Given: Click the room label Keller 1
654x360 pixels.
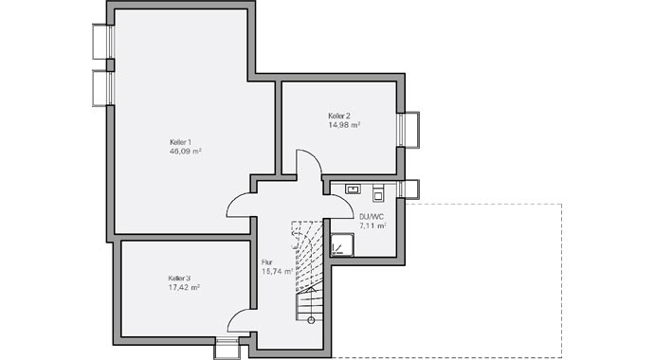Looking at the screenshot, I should [x=180, y=142].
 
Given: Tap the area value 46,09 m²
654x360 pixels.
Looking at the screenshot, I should [x=185, y=151].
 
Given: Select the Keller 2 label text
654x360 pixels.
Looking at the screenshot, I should [x=339, y=116].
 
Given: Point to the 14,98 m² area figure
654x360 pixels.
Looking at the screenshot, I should [x=344, y=124].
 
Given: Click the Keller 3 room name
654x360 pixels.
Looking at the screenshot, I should [x=180, y=278].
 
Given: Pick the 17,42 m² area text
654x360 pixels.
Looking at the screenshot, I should [x=183, y=286].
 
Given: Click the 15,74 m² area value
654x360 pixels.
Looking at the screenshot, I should [x=276, y=271].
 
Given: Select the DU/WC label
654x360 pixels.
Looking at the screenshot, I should [x=371, y=217].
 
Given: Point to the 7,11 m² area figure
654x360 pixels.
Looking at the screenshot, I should [x=372, y=226].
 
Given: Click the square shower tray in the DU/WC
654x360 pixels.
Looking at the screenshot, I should [x=341, y=245].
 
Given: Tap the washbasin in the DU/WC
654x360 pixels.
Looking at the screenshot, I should [x=353, y=189].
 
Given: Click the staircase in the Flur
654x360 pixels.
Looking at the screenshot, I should [x=309, y=275].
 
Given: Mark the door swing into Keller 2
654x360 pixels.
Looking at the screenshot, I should [x=309, y=164].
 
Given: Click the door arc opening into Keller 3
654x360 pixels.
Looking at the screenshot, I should [x=242, y=320].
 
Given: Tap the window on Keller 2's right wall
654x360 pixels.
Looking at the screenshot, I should [x=409, y=130].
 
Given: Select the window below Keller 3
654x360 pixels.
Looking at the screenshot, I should [x=227, y=347].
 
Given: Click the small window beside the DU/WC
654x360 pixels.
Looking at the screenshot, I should [x=409, y=189].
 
